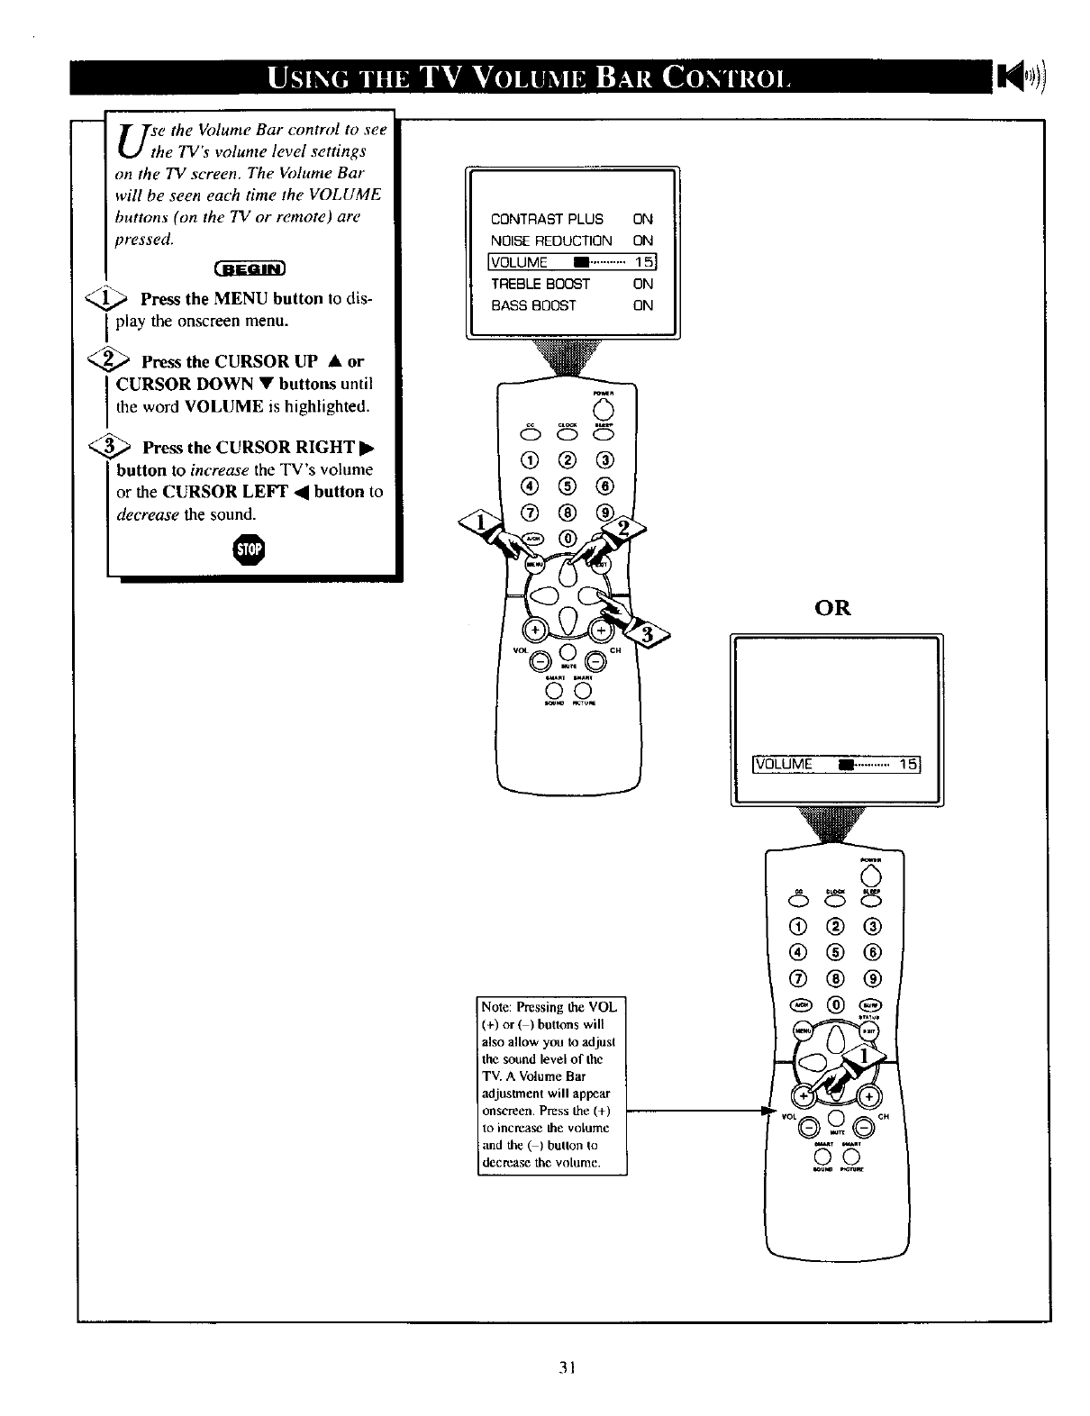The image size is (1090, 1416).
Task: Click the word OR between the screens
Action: (x=832, y=608)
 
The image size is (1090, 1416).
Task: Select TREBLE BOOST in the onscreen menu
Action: (x=540, y=284)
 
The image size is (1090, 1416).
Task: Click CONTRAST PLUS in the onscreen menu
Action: (x=547, y=219)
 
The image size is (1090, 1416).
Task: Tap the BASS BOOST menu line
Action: (x=533, y=305)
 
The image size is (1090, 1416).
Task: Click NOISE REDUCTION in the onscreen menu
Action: (x=551, y=241)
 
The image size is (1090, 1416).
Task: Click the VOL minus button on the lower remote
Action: (x=809, y=1127)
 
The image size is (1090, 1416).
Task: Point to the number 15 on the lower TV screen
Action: (x=907, y=765)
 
